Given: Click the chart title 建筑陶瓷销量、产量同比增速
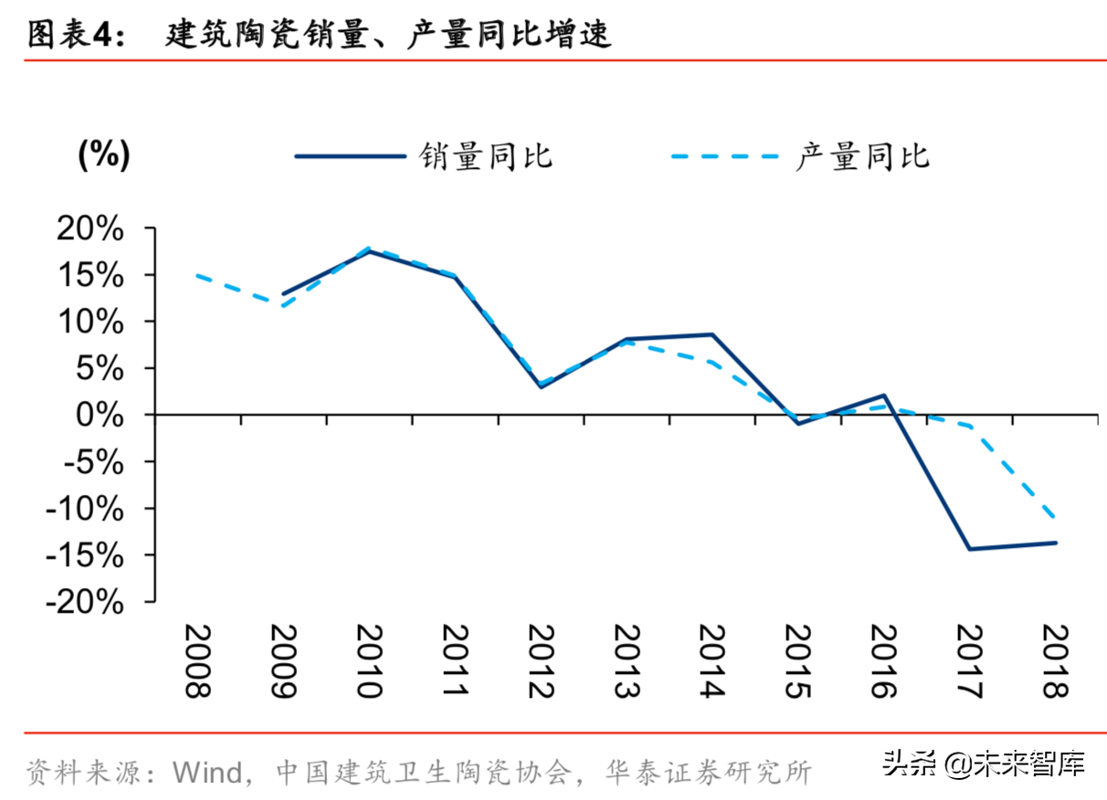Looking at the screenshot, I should click(388, 35).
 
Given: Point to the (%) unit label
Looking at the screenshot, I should click(104, 155).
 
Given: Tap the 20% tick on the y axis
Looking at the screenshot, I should click(90, 228).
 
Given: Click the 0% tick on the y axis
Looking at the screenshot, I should click(100, 415).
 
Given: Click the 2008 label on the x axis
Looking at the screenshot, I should click(198, 661).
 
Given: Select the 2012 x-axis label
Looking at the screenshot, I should click(541, 661).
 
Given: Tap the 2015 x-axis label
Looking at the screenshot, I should click(797, 661).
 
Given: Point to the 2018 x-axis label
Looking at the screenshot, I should click(1055, 661).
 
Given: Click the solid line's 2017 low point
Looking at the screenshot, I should click(969, 549).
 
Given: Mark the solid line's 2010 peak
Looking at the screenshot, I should click(368, 250).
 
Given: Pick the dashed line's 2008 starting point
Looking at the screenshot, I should click(198, 275).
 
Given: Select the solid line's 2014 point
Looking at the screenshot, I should click(712, 334).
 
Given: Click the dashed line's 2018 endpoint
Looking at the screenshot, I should click(1055, 518).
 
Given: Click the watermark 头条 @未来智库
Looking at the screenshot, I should click(983, 763).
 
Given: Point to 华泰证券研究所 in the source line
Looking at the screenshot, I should click(708, 773).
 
